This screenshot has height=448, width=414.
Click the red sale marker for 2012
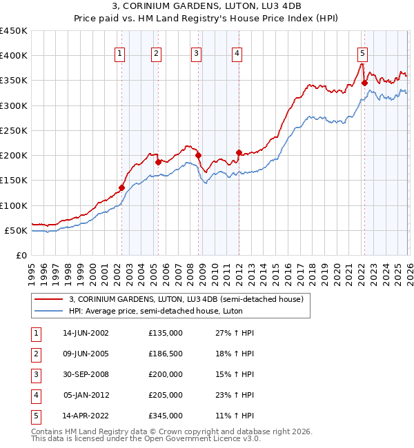(x=239, y=152)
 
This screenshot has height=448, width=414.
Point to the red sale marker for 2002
(x=121, y=187)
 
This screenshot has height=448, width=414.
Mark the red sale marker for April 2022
(x=364, y=83)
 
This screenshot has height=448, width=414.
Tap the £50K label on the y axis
(x=17, y=230)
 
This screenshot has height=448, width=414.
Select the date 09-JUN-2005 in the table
(x=86, y=354)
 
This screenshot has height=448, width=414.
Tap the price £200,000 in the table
(x=166, y=374)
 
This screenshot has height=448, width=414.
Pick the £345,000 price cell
(x=166, y=416)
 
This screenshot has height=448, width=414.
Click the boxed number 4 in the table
(x=35, y=395)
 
